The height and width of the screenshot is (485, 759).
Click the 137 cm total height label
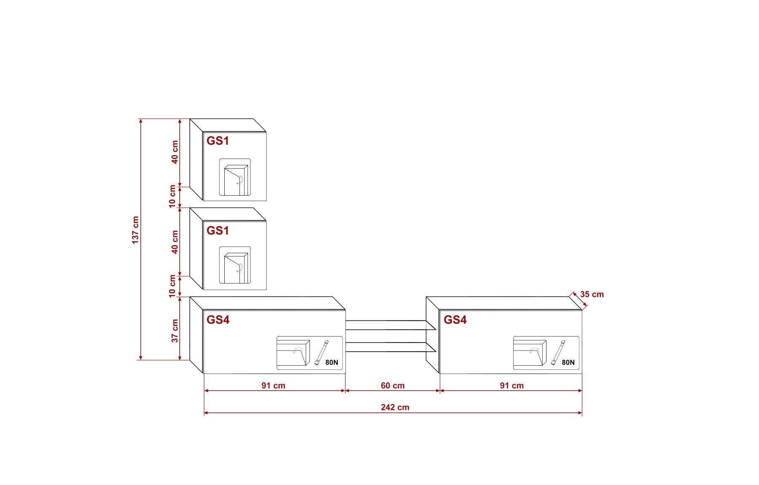tap(135, 230)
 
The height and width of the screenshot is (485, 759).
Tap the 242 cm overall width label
tap(395, 407)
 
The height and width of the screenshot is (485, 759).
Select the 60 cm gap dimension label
tap(393, 385)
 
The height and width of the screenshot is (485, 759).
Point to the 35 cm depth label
tap(592, 294)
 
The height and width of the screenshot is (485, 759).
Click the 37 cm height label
tap(175, 331)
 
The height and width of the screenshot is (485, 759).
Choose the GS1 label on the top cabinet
tap(218, 141)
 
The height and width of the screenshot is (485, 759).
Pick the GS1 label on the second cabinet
tap(218, 231)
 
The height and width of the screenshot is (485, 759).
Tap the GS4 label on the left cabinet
tap(218, 320)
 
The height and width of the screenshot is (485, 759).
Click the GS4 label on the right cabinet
tap(455, 320)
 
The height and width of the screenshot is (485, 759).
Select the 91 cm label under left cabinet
tap(273, 385)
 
